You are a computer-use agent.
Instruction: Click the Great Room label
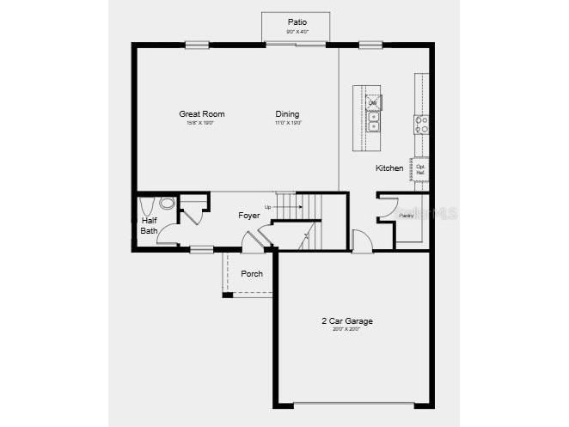(x=202, y=113)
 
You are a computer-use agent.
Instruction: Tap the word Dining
(x=287, y=113)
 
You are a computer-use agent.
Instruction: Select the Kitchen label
(x=389, y=168)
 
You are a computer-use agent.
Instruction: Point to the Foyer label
(x=249, y=215)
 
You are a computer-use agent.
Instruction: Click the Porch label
(x=252, y=274)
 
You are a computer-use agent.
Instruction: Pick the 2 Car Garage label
(x=347, y=321)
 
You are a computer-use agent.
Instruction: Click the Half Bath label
(x=150, y=225)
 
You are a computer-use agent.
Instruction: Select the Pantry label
(x=406, y=215)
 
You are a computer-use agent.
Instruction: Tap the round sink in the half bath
(x=167, y=204)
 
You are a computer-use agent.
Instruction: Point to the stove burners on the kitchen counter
(x=421, y=125)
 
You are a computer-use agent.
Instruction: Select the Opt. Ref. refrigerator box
(x=420, y=169)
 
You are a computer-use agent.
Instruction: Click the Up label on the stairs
(x=268, y=207)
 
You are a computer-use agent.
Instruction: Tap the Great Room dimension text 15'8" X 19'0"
(x=201, y=123)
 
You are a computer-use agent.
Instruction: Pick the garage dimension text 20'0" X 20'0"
(x=347, y=329)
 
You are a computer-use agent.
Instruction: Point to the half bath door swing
(x=168, y=237)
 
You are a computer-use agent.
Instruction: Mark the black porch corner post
(x=227, y=295)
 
